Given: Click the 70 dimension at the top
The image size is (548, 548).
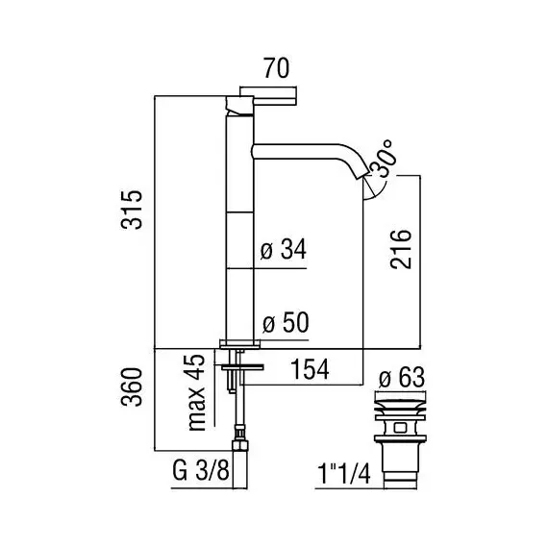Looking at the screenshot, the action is (276, 68).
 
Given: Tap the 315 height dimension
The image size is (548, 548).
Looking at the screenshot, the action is (132, 210).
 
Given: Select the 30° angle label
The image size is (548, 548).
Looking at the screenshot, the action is (384, 159).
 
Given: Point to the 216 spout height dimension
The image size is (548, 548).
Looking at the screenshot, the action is (401, 249).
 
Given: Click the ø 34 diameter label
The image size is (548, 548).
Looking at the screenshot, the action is (284, 249).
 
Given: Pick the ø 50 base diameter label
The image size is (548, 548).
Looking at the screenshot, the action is (286, 322).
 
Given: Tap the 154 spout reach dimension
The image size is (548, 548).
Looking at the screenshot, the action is (310, 369).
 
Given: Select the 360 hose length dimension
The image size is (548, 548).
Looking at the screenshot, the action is (132, 386).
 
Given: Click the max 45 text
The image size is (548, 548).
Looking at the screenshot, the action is (196, 392).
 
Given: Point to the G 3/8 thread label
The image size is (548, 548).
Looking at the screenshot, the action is (201, 470).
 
